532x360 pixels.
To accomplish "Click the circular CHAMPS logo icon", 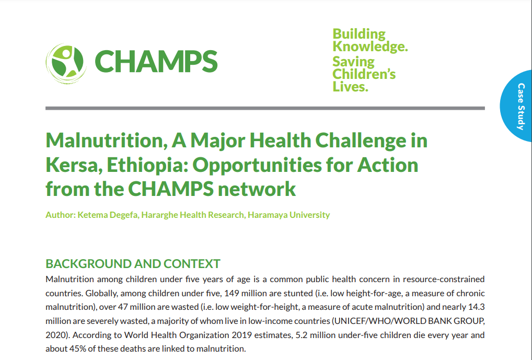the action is [66, 63].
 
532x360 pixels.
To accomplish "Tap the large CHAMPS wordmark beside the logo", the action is [156, 62].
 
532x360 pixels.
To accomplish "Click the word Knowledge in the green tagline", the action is [369, 47].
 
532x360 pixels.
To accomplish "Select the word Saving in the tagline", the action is [353, 62].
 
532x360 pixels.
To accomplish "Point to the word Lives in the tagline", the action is [350, 87].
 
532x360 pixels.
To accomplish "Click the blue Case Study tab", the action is [516, 106].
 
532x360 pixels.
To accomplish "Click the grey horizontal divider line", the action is [265, 108].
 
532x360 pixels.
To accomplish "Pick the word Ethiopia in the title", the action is [147, 165].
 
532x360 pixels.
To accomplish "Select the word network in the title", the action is [257, 189].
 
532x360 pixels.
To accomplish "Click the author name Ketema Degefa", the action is [108, 215].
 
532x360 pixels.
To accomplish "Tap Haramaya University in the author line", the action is [288, 215].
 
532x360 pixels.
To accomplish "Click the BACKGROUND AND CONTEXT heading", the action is [133, 264].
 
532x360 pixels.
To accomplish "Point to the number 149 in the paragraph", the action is [232, 293].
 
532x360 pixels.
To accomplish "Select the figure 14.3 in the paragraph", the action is [477, 307].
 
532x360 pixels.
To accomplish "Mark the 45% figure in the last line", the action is [77, 349].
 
